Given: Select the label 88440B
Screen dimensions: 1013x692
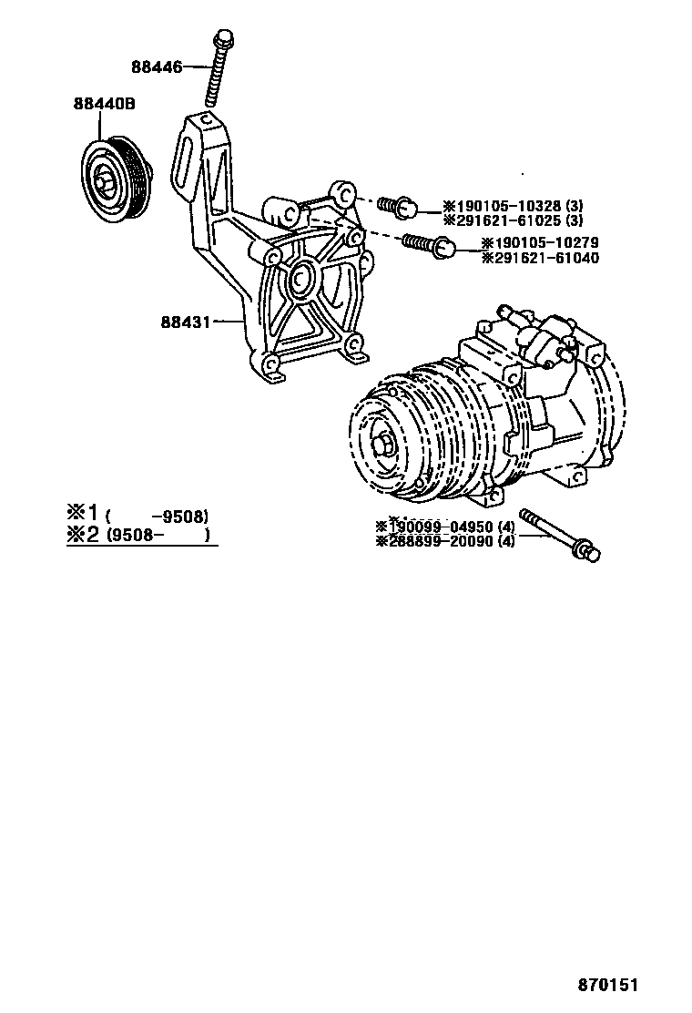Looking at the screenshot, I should click(x=105, y=104).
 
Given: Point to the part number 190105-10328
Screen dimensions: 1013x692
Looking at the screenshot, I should click(x=506, y=206).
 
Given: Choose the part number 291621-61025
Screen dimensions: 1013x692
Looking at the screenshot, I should click(x=506, y=220).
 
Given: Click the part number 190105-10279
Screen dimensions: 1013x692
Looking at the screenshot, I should click(x=540, y=243).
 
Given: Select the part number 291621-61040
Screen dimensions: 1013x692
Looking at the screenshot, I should click(x=540, y=258).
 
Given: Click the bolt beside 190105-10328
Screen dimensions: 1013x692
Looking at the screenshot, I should click(x=399, y=207).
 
